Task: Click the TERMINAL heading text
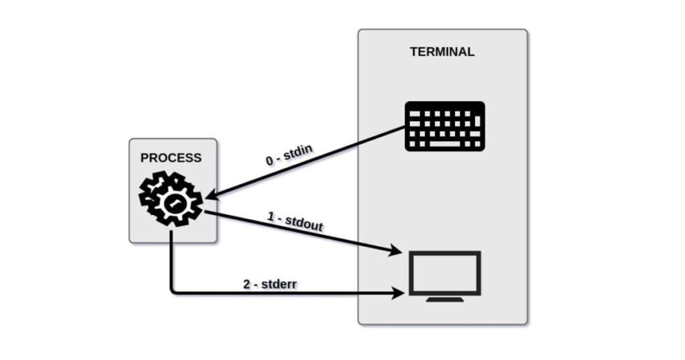[x=442, y=52]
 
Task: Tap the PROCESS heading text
[x=171, y=158]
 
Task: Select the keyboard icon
[x=445, y=126]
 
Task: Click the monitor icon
[x=445, y=276]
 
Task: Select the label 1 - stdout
[x=295, y=221]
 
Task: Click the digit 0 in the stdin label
[x=270, y=162]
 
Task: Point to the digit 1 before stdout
[x=270, y=217]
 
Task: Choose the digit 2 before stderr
[x=246, y=284]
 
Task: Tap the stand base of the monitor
[x=445, y=299]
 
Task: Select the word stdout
[x=304, y=223]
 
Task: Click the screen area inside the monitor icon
[x=445, y=272]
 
